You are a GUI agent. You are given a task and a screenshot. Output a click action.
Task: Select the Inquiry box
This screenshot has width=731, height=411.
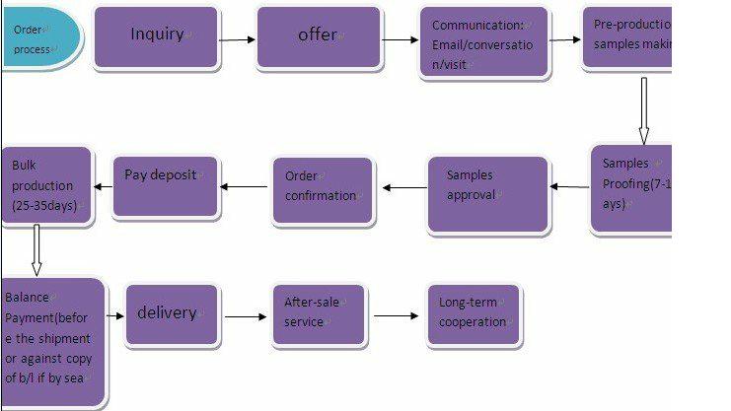[x=157, y=37]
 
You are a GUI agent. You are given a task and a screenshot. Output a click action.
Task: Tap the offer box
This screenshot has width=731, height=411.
[x=318, y=37]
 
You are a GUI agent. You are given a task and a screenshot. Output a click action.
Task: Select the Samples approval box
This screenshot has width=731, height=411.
[x=487, y=193]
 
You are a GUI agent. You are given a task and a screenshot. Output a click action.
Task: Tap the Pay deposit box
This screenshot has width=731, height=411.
[x=165, y=185]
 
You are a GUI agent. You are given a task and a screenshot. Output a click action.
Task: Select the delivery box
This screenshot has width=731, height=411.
[x=171, y=314]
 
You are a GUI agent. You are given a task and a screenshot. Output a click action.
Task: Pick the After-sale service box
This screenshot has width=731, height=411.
[x=318, y=314]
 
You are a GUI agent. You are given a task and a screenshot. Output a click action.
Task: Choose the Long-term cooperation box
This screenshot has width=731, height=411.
[x=473, y=314]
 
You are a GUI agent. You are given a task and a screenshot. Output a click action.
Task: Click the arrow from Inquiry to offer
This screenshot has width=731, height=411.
[x=237, y=40]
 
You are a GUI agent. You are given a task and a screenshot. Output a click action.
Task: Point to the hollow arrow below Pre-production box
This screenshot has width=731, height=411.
[x=643, y=109]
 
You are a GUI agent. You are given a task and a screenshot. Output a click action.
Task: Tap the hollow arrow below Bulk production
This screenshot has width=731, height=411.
[x=37, y=248]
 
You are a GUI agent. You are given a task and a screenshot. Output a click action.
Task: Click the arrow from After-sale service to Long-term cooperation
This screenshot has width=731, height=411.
[x=396, y=316]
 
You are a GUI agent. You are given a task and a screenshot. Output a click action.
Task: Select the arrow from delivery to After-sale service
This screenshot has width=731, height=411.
[x=246, y=316]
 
